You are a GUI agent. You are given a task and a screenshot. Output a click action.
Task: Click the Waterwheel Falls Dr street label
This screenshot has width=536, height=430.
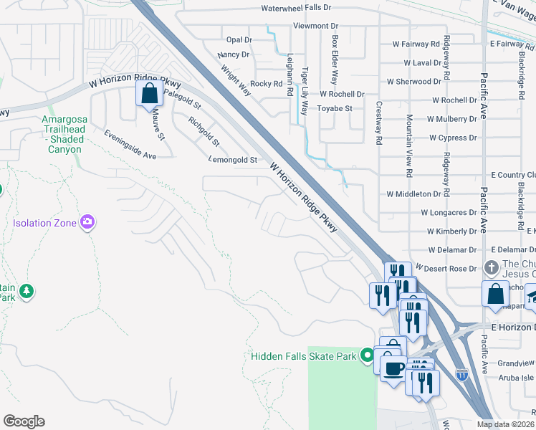pos(296,8)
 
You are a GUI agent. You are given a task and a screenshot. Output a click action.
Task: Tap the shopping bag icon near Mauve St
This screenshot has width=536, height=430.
pos(148,94)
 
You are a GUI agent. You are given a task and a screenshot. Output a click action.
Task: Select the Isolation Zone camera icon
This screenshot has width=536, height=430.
pos(88,222)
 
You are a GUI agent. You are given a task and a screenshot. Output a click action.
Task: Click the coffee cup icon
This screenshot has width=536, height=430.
pos(392,369)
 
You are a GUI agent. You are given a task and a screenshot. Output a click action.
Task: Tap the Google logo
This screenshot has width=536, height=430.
pos(24,421)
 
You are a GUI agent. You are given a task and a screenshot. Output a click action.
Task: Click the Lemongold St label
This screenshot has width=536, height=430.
pos(232,160)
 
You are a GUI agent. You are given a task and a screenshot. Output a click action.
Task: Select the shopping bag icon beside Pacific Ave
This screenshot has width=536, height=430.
pos(495,295)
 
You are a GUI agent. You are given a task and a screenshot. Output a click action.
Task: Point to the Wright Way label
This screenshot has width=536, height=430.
pos(235,81)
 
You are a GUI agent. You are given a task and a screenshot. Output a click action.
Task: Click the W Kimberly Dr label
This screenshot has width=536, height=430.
pos(451,231)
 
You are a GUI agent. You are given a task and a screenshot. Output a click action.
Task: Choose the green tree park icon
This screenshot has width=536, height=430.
pos(27,291)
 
